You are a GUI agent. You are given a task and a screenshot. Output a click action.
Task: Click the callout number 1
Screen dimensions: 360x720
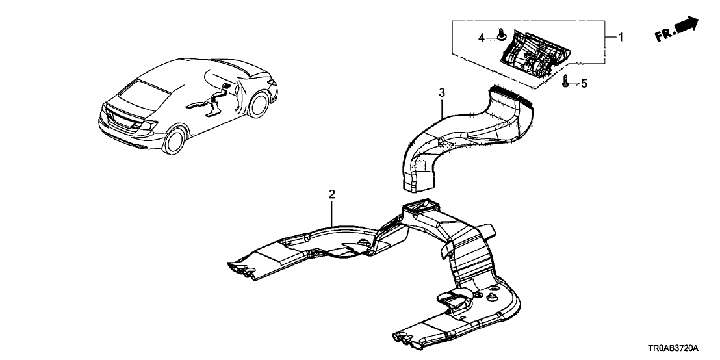pos(620,38)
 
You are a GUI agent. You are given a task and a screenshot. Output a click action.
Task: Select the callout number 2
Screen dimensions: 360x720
pos(331,194)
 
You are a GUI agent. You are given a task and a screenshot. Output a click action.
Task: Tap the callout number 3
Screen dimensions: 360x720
pos(441,93)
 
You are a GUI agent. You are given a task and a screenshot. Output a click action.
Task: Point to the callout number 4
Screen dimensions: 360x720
pos(482,38)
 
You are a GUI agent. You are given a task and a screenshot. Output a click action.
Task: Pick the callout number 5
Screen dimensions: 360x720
pos(583,83)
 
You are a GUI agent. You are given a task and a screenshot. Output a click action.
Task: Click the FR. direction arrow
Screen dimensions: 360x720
pos(687,26)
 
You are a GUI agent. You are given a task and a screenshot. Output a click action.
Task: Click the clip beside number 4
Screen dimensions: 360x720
pos(501,36)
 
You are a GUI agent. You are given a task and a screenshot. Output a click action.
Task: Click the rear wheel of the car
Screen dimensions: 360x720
pos(175,139)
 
